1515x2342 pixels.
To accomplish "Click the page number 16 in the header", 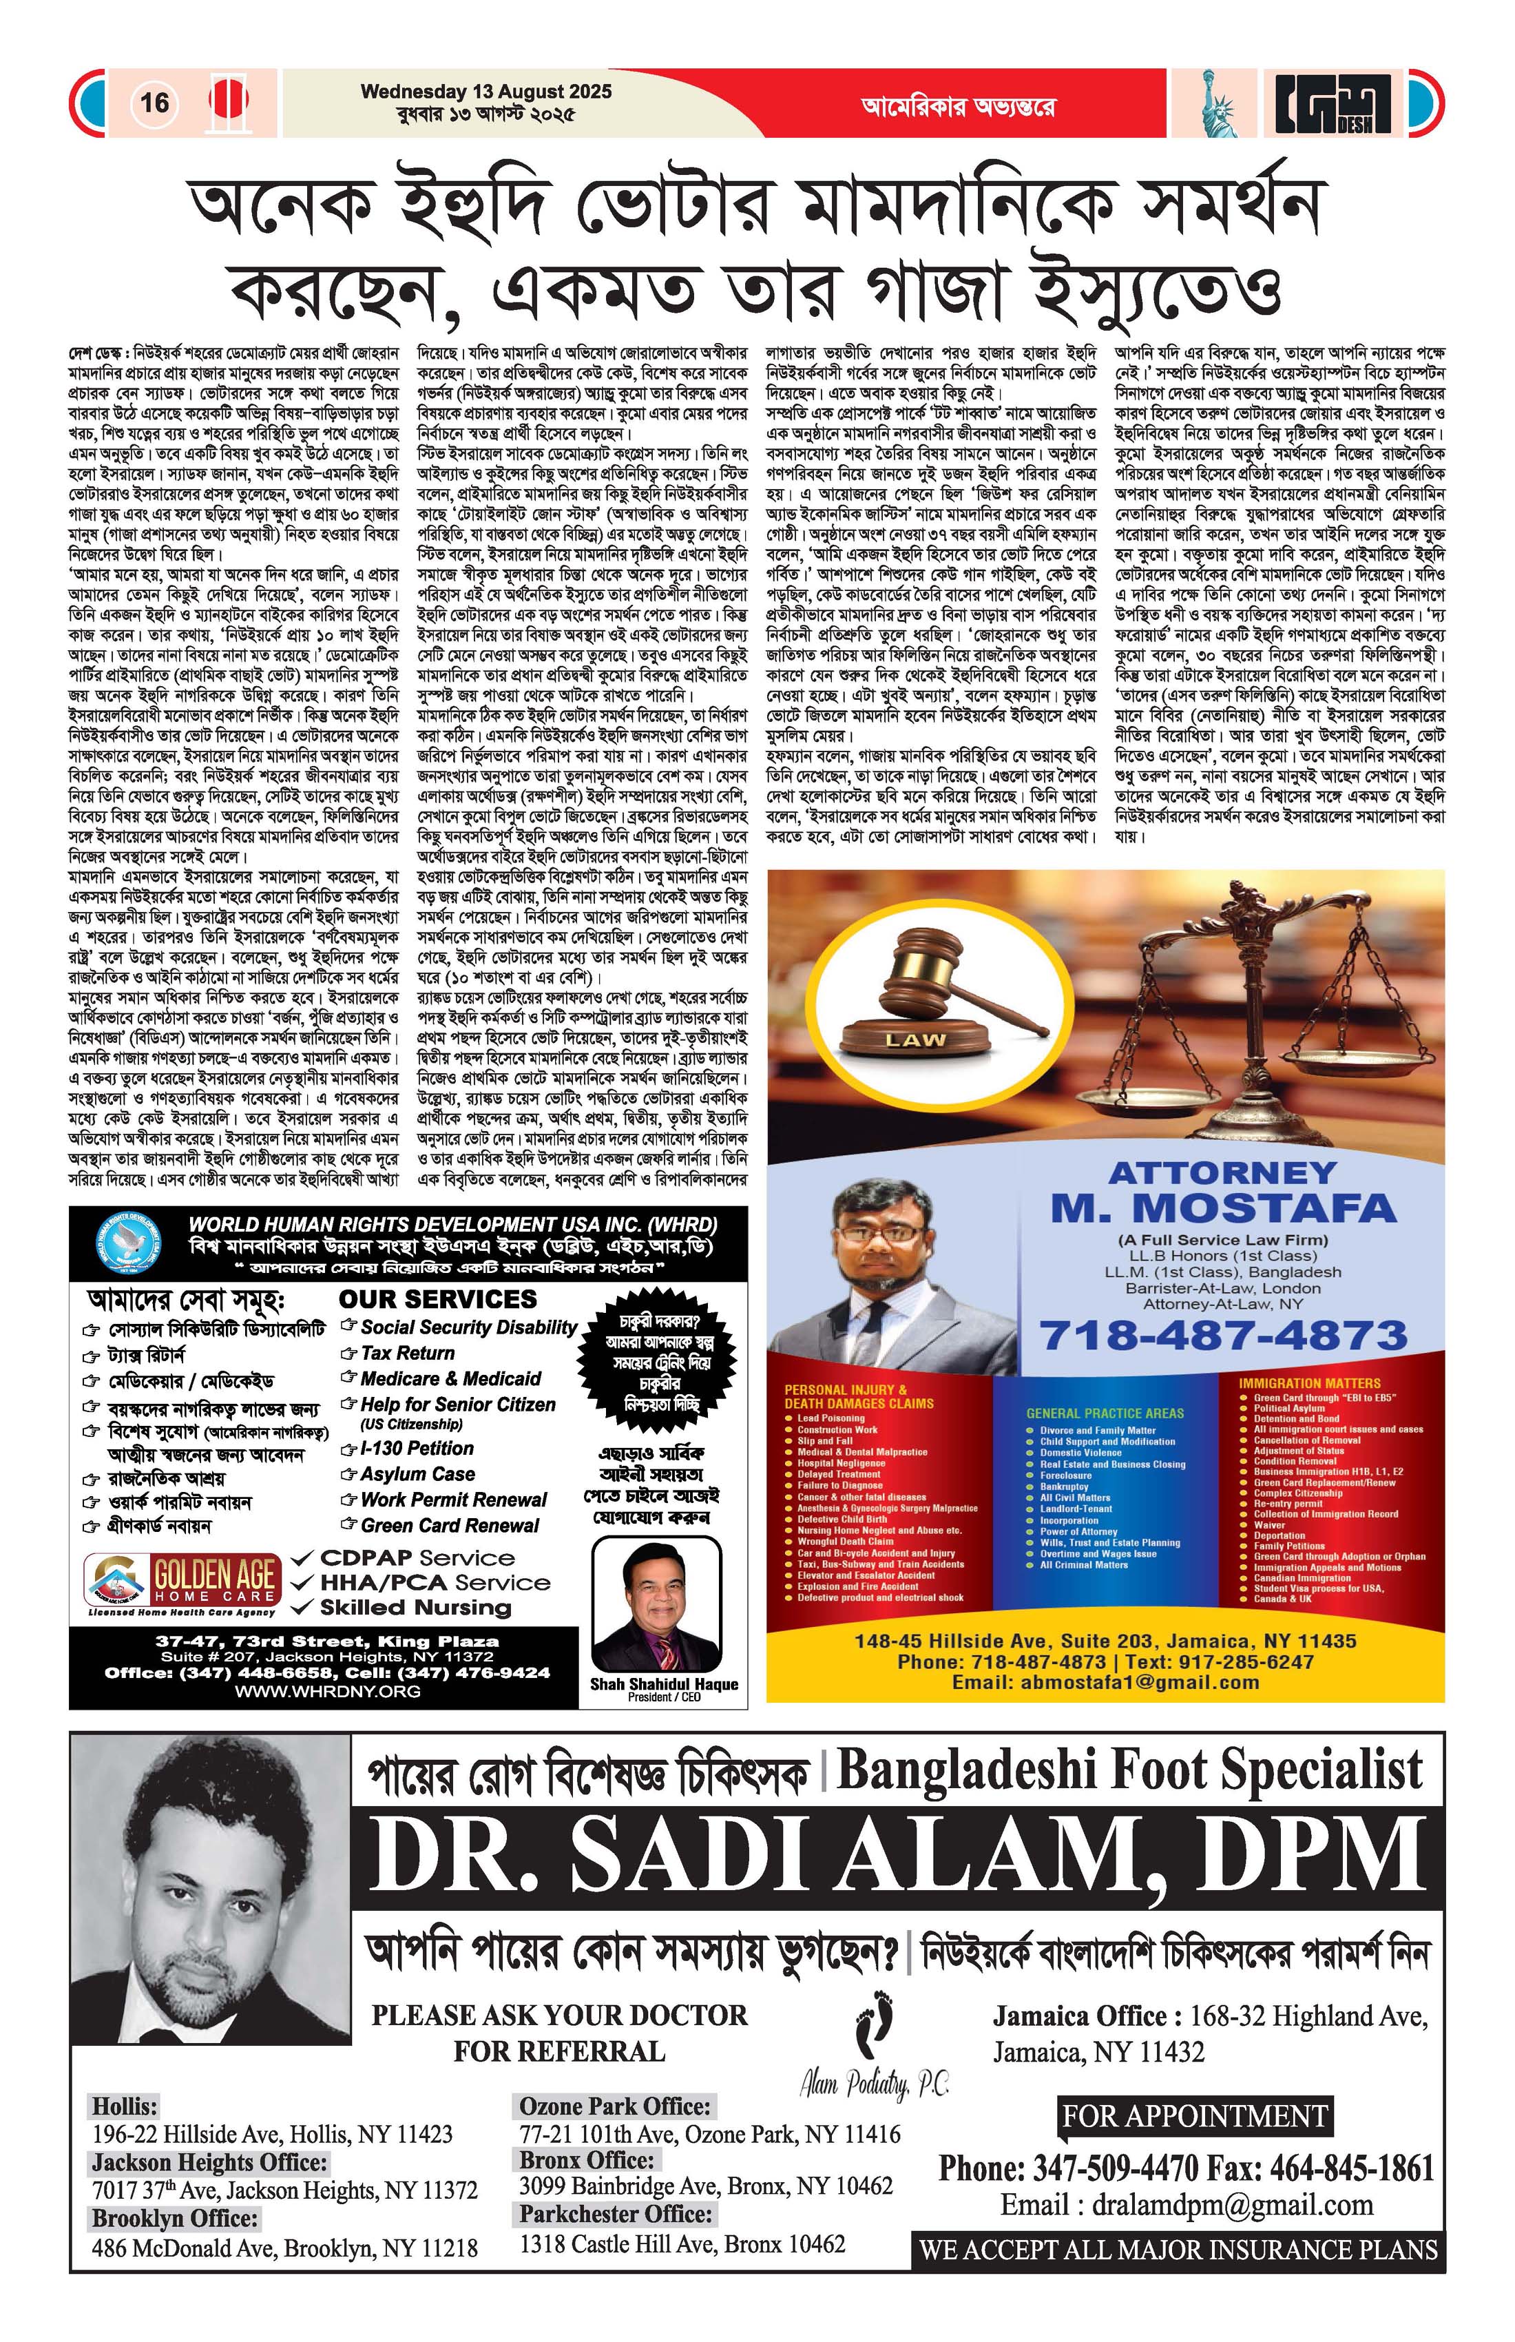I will click(154, 103).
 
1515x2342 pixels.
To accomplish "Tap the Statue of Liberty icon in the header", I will click(1218, 103).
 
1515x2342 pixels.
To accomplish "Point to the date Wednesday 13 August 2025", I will click(486, 92).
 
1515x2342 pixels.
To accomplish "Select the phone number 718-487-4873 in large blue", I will click(1223, 1336).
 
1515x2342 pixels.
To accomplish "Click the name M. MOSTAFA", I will click(1223, 1208).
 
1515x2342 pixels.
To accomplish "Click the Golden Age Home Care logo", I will click(185, 1580).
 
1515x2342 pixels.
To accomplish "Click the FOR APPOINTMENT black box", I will click(1194, 2115).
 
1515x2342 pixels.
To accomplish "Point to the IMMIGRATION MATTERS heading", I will click(1309, 1382).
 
